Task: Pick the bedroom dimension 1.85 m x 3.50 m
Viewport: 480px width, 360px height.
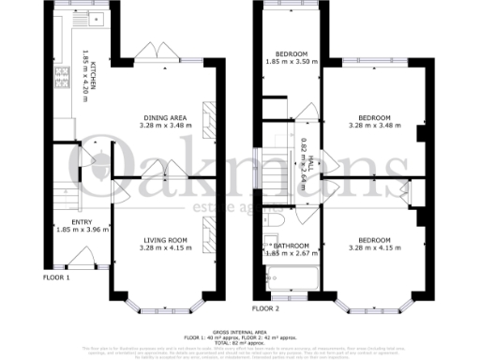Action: click(291, 61)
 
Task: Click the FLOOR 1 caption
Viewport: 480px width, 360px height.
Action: click(57, 278)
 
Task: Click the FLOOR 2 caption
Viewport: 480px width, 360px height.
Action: click(266, 307)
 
